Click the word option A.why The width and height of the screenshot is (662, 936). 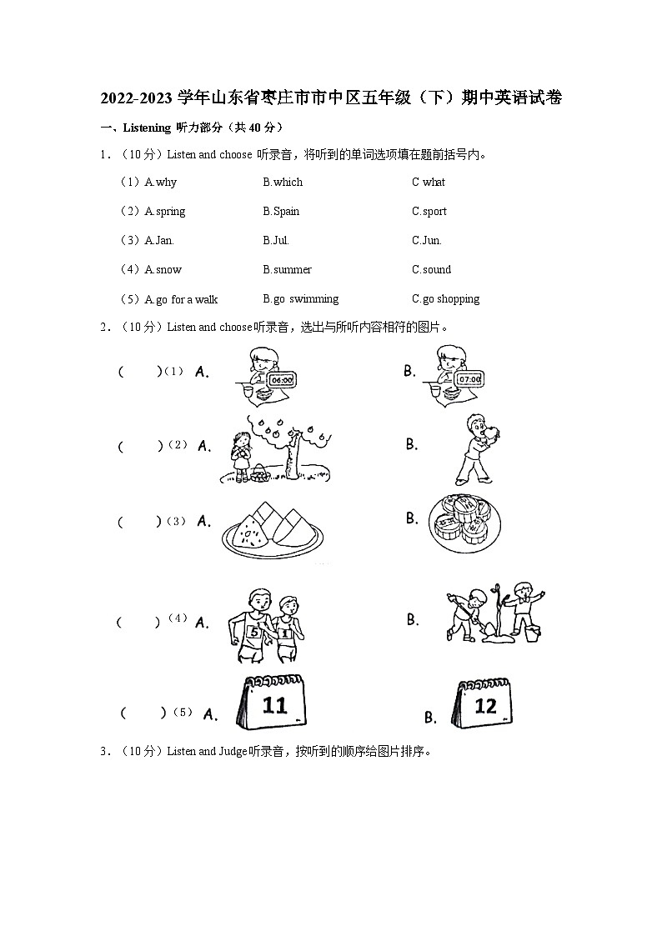coord(160,183)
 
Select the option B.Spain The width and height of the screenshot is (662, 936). coord(281,212)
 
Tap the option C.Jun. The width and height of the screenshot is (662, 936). coord(426,241)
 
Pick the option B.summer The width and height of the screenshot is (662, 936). coord(287,270)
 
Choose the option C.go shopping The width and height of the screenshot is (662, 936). coord(445,299)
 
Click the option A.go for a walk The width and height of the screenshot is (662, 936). coord(181,299)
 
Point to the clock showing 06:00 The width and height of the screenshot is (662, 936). coord(283,380)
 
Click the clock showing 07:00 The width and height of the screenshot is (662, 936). coord(469,380)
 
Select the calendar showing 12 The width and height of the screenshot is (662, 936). coord(484,706)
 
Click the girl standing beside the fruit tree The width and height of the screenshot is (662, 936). coord(243,454)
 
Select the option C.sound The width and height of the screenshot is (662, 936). coord(431,270)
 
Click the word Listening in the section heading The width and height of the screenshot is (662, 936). coord(147,128)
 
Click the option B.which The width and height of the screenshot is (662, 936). coord(283,183)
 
